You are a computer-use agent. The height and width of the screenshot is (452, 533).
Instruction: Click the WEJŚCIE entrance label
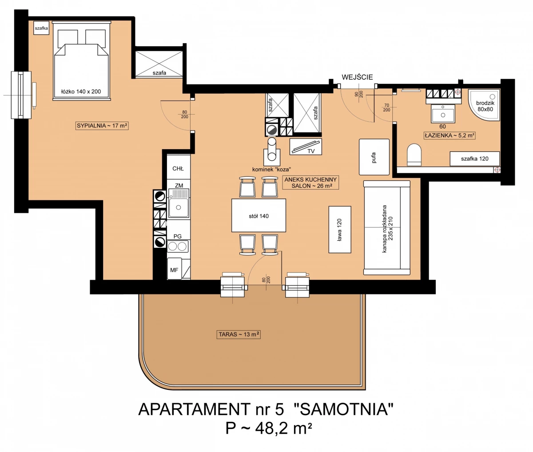[357, 77]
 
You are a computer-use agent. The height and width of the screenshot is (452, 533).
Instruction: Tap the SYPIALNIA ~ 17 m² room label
[102, 126]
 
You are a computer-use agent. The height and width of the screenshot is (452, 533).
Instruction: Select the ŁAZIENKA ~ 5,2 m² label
[449, 135]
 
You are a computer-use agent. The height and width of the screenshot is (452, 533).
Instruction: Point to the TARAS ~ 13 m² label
[239, 334]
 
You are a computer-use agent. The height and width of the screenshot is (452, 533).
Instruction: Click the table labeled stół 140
[259, 215]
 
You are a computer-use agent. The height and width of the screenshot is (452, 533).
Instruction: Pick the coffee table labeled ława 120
[340, 230]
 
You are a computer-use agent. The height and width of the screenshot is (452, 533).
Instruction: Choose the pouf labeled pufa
[374, 157]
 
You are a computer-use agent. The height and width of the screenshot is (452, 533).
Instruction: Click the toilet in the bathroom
[414, 155]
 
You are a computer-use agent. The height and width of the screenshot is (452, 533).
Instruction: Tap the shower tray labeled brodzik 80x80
[484, 105]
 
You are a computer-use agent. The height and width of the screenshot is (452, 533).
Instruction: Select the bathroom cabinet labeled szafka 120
[475, 159]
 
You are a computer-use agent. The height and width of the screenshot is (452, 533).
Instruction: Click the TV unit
[306, 147]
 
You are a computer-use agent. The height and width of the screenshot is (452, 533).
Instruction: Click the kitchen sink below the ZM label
[179, 203]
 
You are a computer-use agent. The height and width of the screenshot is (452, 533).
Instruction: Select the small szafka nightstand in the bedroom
[41, 28]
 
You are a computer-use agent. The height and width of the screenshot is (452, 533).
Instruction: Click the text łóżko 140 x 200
[81, 91]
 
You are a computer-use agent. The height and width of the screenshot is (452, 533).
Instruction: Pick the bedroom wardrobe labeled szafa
[159, 63]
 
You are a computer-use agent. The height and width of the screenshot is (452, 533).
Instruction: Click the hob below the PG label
[178, 246]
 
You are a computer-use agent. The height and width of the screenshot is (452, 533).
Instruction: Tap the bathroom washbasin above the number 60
[443, 114]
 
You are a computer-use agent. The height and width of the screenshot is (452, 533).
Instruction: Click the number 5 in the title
[279, 409]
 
